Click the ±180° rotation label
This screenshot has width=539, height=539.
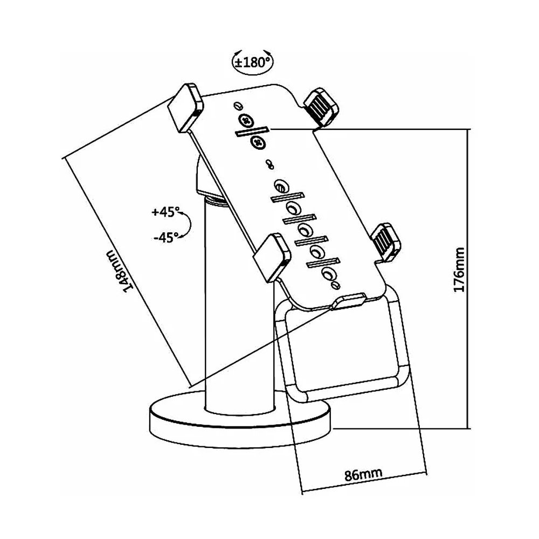tap(252, 61)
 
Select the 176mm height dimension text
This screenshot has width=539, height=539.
tap(459, 270)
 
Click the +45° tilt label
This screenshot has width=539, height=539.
tap(164, 212)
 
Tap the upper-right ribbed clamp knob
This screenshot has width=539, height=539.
tap(321, 106)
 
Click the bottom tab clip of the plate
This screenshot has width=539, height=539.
tap(350, 300)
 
